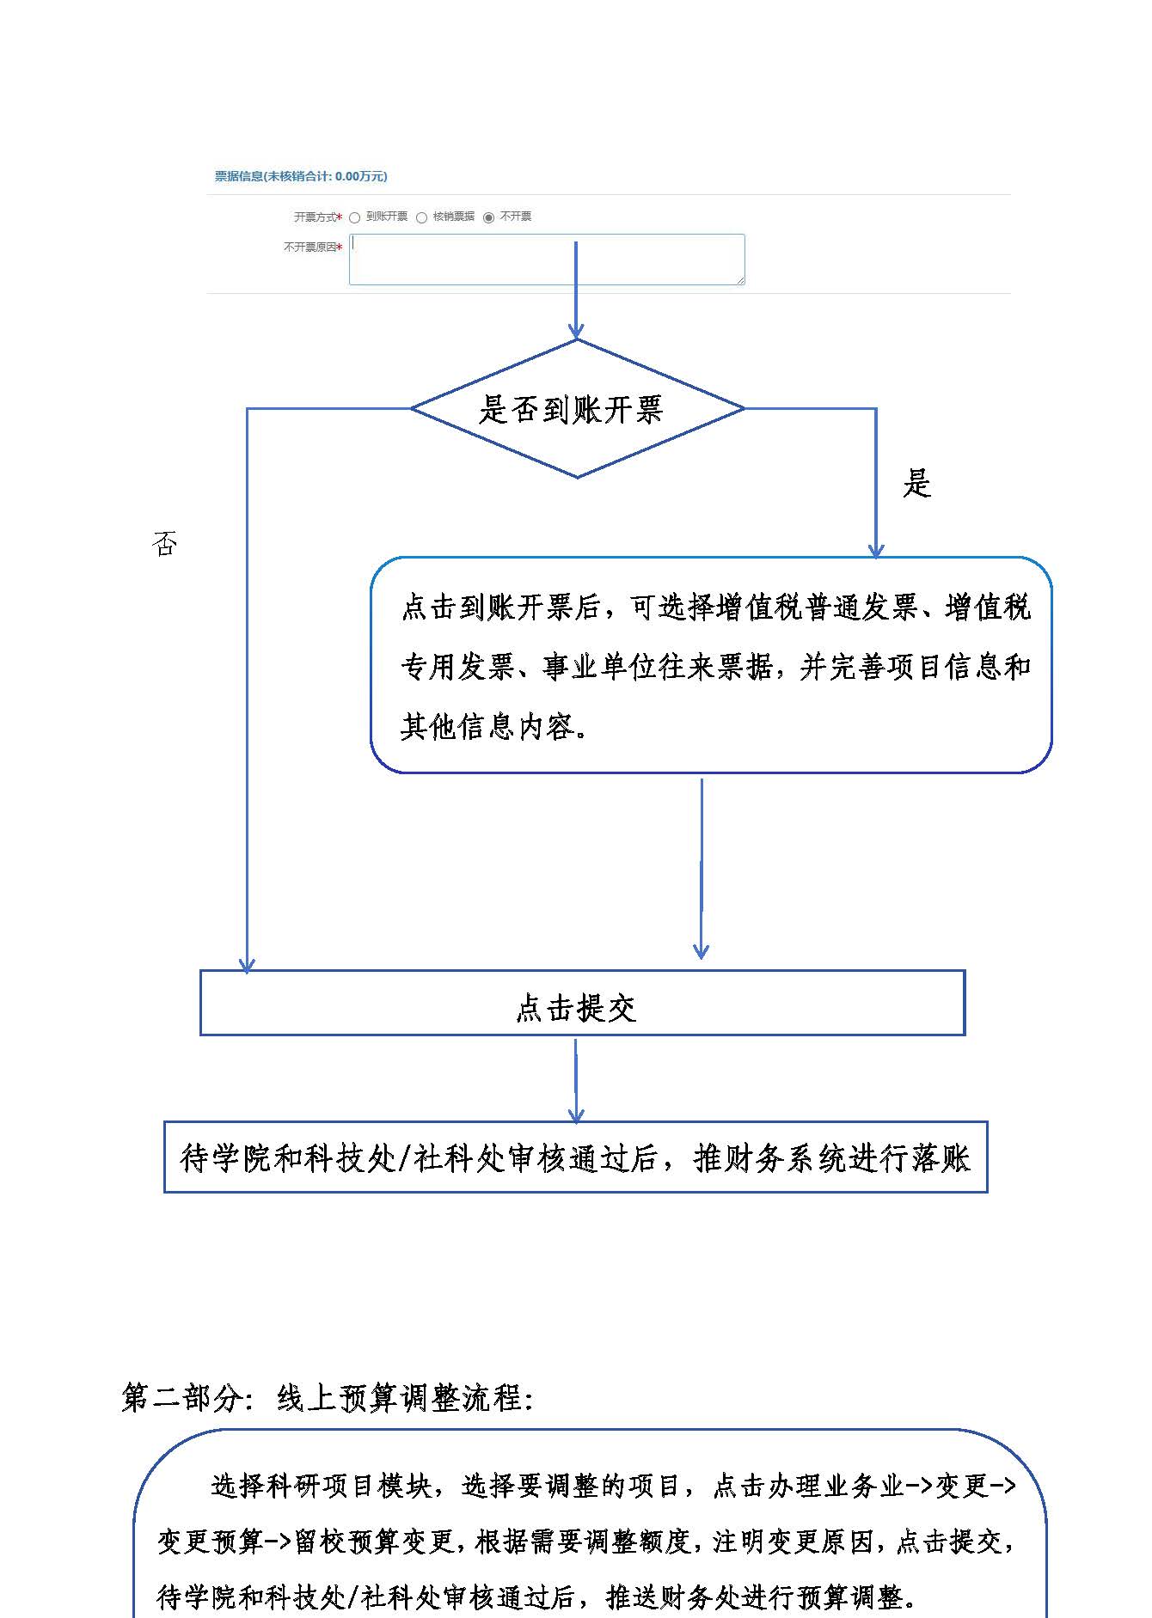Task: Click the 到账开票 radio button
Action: pyautogui.click(x=354, y=217)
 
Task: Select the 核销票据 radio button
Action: pyautogui.click(x=421, y=217)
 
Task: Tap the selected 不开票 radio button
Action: pyautogui.click(x=488, y=217)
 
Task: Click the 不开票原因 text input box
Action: pyautogui.click(x=547, y=259)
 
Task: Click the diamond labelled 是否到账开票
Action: pyautogui.click(x=577, y=408)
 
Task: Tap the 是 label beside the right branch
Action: pyautogui.click(x=916, y=484)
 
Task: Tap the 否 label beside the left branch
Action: pyautogui.click(x=164, y=543)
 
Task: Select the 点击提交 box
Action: pyautogui.click(x=582, y=1003)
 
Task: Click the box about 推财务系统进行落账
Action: pyautogui.click(x=575, y=1157)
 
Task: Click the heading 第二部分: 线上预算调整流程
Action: pyautogui.click(x=328, y=1398)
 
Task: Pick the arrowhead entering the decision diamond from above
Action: pyautogui.click(x=576, y=330)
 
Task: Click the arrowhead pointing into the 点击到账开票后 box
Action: pyautogui.click(x=876, y=549)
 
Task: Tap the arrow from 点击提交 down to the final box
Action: pyautogui.click(x=576, y=1080)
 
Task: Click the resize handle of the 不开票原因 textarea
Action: pyautogui.click(x=739, y=279)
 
